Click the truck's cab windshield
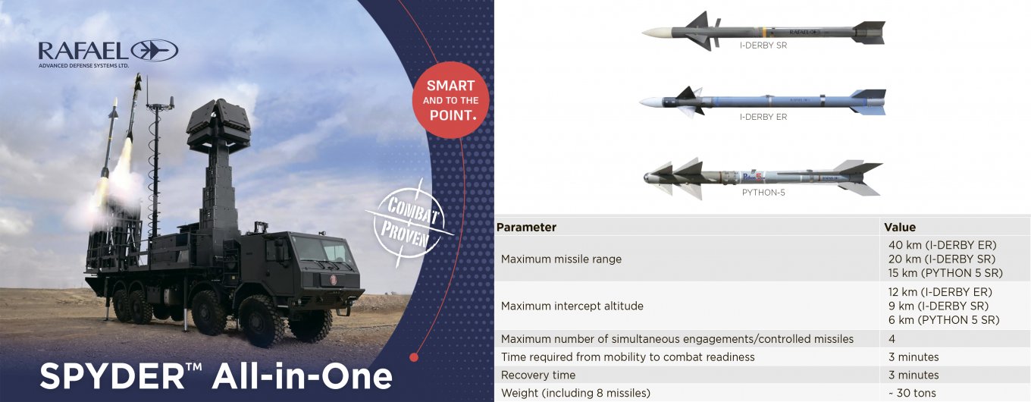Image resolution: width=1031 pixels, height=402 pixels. [x=323, y=251]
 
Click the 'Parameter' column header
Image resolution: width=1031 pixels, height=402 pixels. [x=526, y=228]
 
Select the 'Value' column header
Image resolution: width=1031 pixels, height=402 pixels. [x=900, y=228]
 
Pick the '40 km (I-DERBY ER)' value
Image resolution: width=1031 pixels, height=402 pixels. [x=942, y=245]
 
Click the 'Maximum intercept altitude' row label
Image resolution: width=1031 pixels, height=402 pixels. [x=572, y=306]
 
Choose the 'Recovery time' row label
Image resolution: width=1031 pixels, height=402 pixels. [x=537, y=375]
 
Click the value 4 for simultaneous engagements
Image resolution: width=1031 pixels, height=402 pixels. [x=892, y=339]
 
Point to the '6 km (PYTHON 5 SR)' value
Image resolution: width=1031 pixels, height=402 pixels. [x=943, y=320]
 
